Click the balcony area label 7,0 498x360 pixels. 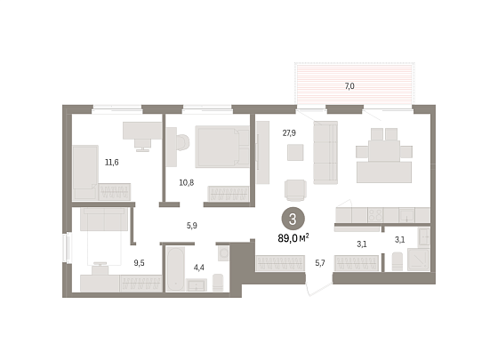click(349, 86)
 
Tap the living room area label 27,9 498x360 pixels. click(289, 132)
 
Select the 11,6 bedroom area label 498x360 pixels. click(112, 162)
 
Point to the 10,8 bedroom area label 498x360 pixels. click(187, 182)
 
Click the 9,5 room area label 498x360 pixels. click(139, 263)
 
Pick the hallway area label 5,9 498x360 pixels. click(192, 226)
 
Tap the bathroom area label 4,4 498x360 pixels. click(199, 268)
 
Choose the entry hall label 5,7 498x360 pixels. click(320, 263)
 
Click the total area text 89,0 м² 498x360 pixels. click(293, 238)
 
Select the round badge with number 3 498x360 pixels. click(293, 219)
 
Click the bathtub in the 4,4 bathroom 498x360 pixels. click(175, 268)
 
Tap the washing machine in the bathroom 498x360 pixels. click(223, 253)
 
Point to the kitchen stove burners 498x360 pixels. click(375, 215)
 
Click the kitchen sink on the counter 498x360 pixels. click(406, 215)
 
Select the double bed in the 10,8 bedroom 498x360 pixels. click(222, 147)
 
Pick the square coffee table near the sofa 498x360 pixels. click(295, 152)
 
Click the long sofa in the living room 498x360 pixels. click(325, 152)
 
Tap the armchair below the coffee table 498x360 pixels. click(295, 190)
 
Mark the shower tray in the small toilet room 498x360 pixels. click(419, 260)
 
